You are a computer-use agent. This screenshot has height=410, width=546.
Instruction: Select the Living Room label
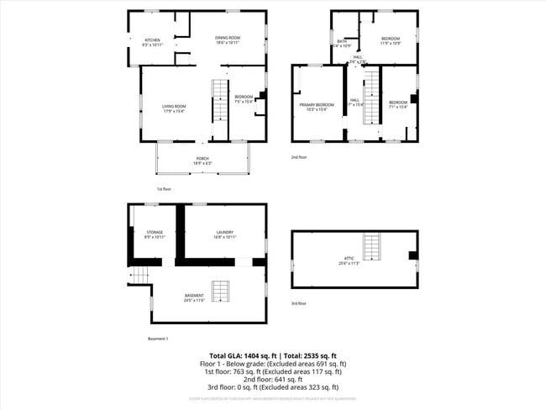[x=174, y=107]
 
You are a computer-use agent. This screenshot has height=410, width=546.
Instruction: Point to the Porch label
[x=202, y=160]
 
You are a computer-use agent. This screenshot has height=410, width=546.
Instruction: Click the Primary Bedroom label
[x=318, y=106]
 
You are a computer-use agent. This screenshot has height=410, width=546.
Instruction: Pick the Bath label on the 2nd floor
[x=342, y=42]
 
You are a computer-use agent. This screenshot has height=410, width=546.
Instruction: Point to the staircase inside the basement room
[x=220, y=292]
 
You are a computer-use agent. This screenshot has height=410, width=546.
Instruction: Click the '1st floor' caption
[x=165, y=189]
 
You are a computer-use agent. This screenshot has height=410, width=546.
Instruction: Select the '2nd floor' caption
[x=299, y=157]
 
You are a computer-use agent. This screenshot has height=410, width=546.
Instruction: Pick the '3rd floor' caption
[x=299, y=303]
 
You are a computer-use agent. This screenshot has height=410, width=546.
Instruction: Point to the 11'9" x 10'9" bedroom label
[x=391, y=40]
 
